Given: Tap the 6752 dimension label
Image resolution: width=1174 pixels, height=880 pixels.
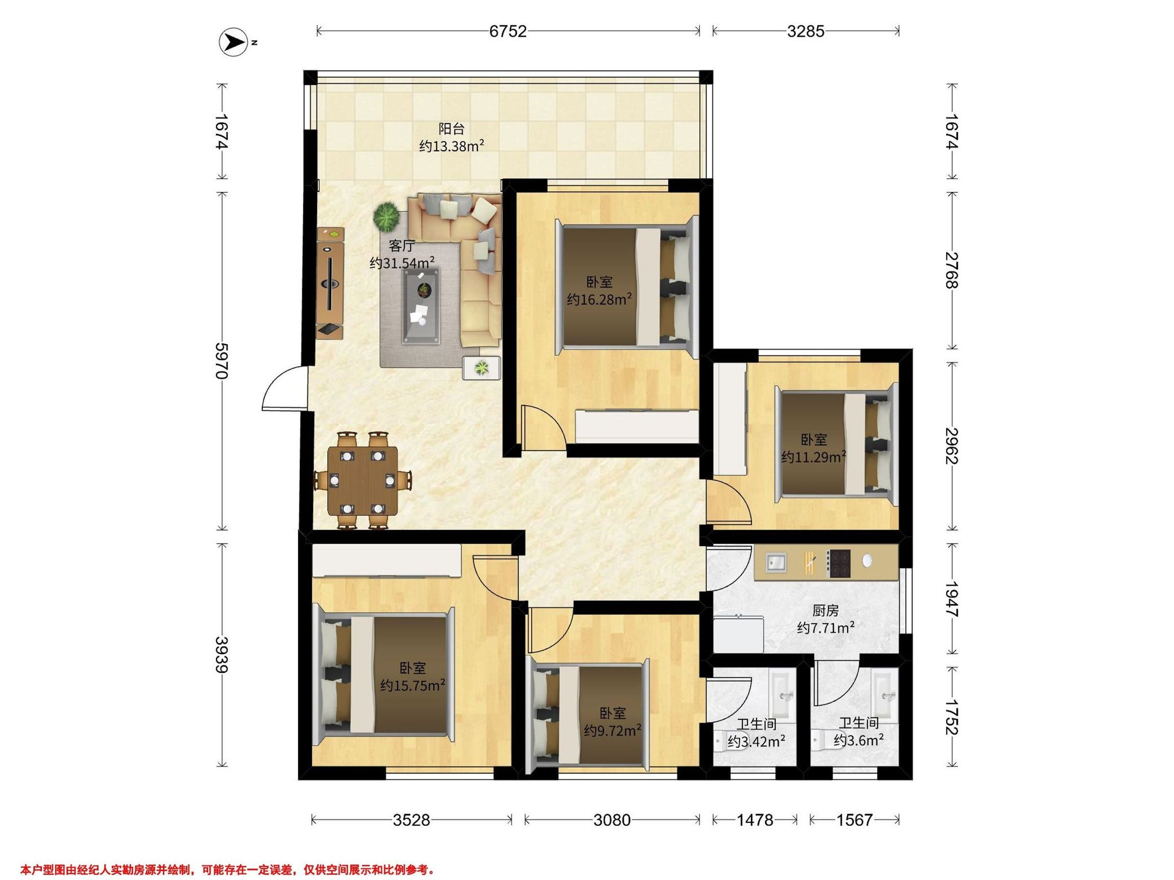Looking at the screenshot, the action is [508, 31].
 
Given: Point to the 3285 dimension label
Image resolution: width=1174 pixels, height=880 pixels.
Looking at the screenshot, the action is [806, 31].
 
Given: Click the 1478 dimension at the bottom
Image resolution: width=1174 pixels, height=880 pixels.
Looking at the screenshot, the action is [755, 820].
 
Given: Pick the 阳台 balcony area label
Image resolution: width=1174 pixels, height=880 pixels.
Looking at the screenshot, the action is [452, 129].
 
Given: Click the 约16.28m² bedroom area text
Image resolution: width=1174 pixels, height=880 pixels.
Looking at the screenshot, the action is [599, 300].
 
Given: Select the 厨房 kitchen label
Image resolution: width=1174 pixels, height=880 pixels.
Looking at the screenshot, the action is [825, 611].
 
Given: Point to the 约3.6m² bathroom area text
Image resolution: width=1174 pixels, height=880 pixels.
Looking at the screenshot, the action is [858, 741].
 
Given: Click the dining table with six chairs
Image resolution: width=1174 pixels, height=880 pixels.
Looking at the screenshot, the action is [363, 481].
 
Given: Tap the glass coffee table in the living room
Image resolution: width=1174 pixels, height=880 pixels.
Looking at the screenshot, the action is [421, 305].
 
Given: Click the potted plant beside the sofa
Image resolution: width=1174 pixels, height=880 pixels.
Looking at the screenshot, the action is [386, 217].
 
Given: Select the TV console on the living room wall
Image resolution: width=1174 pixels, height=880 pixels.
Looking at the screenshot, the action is [330, 283].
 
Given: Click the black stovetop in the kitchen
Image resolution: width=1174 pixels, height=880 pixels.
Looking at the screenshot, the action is [838, 564].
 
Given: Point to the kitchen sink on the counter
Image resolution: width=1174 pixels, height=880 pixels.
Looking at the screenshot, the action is [776, 562].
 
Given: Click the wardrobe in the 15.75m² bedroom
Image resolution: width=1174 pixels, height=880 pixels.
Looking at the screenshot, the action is [386, 561].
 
